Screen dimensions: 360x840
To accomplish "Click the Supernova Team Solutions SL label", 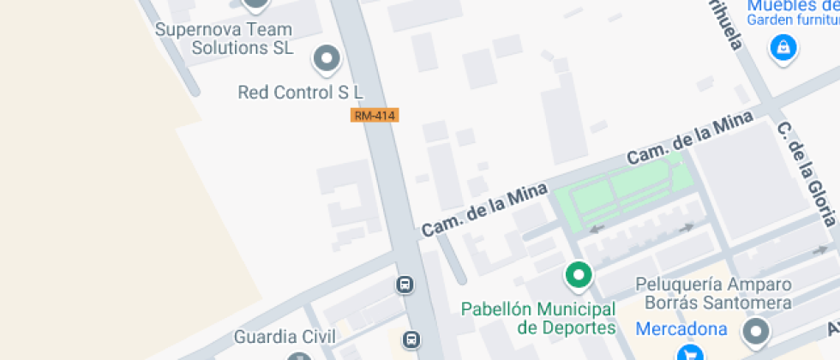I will coord(224,39).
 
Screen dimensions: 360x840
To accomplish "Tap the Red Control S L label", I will coord(301,92).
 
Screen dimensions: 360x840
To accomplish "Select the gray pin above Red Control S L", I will coord(326,59).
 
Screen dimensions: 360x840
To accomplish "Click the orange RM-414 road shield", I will coord(375,115).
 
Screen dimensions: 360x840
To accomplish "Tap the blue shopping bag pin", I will coord(783,48).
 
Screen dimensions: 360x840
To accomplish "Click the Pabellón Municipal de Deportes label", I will coord(538,318).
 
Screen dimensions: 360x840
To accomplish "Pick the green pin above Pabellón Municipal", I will coord(579,275).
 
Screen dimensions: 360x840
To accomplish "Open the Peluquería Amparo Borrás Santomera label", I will coord(713,294).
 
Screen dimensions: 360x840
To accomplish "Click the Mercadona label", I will coord(681,329).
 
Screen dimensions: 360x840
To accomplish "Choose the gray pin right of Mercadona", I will coord(756,332).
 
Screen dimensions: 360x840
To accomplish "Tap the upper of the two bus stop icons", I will coord(405,284).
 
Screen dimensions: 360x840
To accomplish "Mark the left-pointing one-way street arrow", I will coord(597,228).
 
